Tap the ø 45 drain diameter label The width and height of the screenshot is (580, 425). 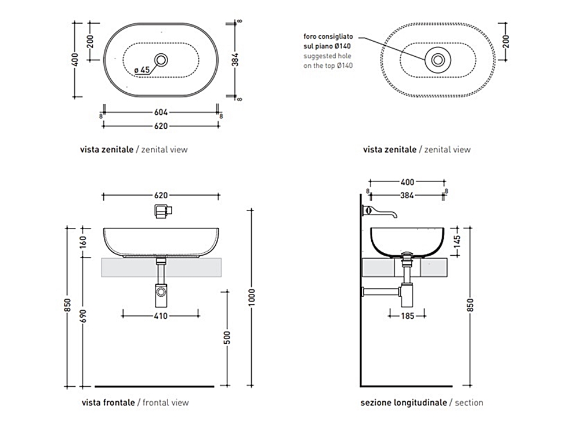[x=142, y=70]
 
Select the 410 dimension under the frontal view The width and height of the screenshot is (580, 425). [x=161, y=316]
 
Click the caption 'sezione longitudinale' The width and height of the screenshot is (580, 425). [x=404, y=402]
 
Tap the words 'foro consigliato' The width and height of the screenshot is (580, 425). [x=328, y=36]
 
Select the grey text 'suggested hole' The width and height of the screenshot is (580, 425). [x=328, y=56]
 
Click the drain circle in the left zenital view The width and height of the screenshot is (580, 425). [x=162, y=59]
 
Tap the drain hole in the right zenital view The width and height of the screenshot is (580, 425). [x=438, y=59]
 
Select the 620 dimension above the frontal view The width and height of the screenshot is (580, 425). [x=161, y=195]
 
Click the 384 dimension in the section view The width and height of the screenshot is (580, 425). [x=407, y=195]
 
